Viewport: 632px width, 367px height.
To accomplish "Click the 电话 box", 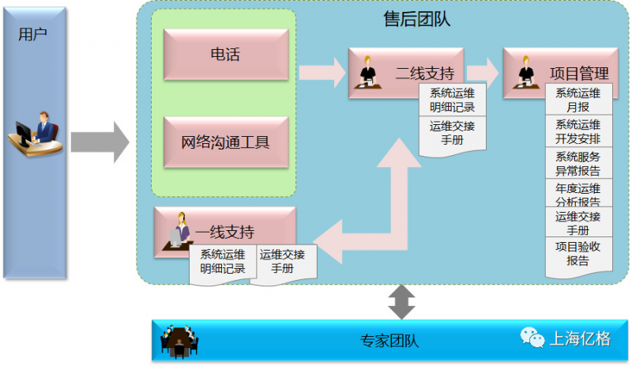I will (225, 55).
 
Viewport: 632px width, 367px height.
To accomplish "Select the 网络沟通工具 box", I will (225, 142).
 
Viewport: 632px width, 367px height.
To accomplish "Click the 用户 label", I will (32, 34).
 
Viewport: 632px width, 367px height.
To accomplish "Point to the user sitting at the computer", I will (36, 135).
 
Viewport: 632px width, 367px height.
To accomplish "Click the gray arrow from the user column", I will (100, 142).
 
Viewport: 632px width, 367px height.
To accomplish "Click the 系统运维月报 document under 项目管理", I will (577, 100).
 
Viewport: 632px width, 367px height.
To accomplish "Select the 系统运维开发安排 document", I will (577, 131).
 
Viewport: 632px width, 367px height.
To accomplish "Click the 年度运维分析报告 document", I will (577, 195).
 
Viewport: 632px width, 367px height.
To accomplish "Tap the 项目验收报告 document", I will (577, 253).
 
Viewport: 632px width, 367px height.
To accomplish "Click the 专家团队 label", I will (389, 342).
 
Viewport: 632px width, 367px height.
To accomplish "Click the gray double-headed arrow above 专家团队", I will (402, 301).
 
